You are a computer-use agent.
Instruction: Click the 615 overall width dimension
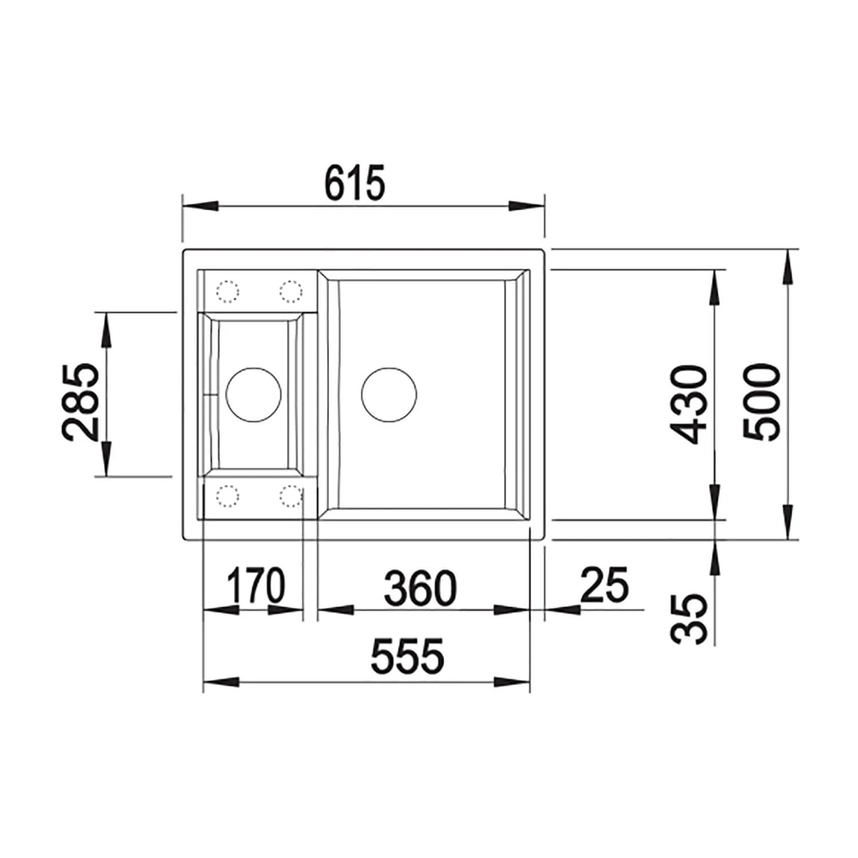click(355, 183)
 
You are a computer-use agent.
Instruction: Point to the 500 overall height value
click(762, 402)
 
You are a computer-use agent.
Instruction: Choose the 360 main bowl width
click(420, 587)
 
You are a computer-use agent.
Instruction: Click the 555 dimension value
click(408, 656)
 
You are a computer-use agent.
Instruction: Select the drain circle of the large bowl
click(389, 395)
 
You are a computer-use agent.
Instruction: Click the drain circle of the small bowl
click(253, 395)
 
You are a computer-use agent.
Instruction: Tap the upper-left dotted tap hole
click(227, 292)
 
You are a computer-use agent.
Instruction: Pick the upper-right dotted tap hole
click(291, 292)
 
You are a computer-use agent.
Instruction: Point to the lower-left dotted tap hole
click(227, 496)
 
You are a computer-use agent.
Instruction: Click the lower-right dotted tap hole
click(291, 496)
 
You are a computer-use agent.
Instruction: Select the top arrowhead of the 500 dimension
click(789, 266)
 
